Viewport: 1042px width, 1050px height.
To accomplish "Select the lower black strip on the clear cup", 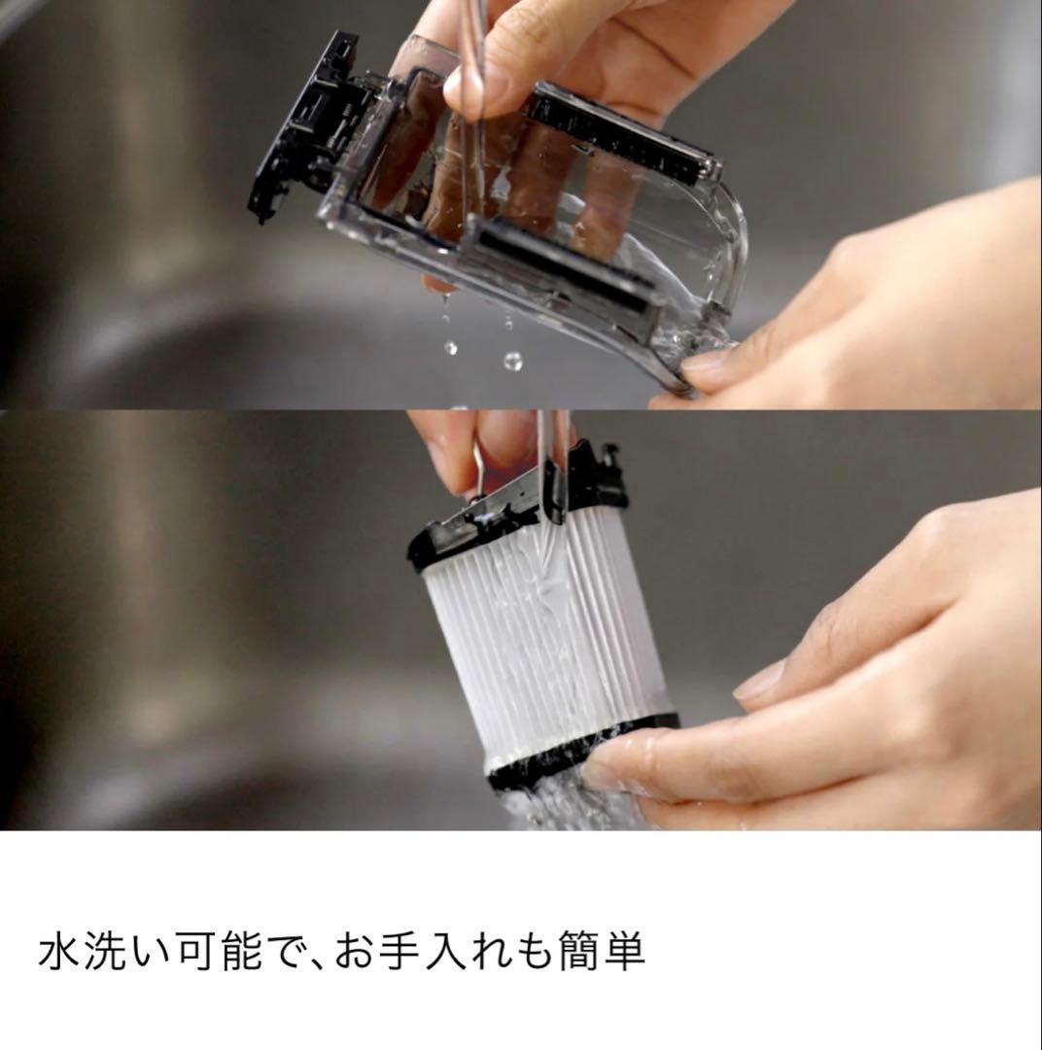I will point(564,267).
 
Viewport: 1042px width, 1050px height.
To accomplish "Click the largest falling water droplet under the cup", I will point(512,361).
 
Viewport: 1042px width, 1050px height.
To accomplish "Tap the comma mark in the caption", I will point(309,962).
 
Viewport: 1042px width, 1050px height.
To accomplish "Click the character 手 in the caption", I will point(400,952).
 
